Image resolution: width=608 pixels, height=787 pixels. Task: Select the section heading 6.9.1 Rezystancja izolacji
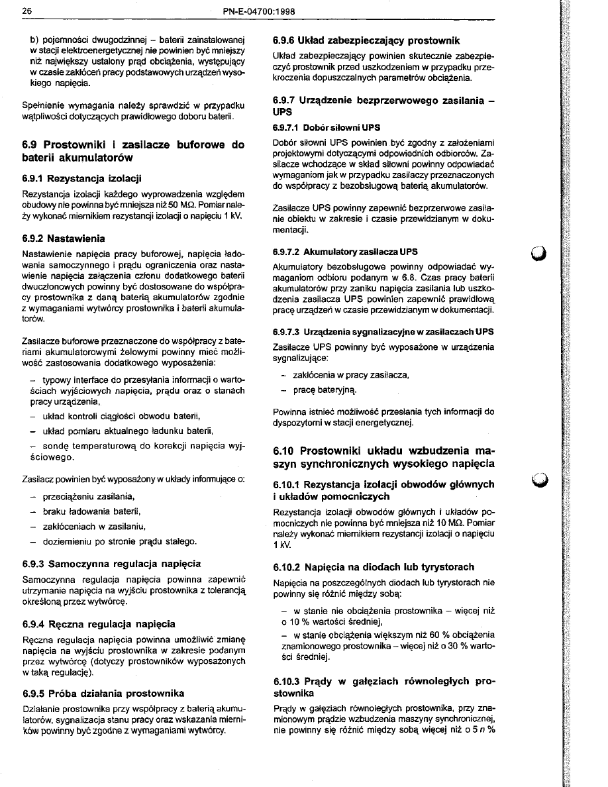(81, 178)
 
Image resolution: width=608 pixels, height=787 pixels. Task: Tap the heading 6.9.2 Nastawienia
(64, 238)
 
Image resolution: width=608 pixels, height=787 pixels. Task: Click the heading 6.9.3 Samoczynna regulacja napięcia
(111, 564)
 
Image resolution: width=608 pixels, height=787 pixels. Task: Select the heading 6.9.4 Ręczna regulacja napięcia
(99, 623)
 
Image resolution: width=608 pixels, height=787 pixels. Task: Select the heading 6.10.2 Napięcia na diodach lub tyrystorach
(374, 567)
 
